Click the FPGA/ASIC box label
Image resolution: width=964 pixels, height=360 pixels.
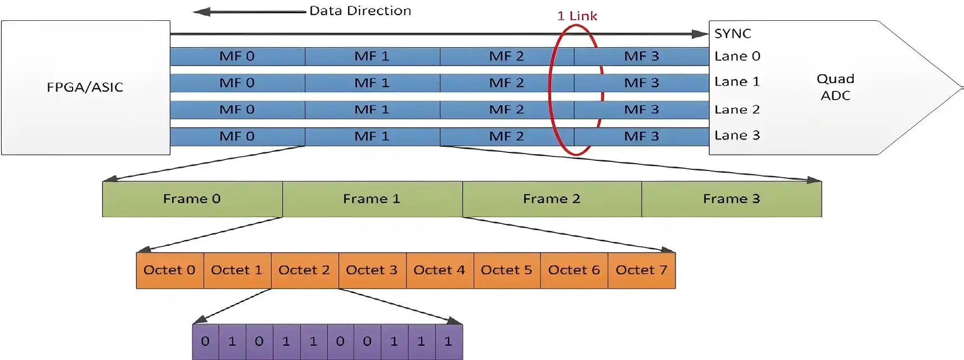tap(85, 87)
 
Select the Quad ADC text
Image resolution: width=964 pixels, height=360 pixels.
tap(835, 87)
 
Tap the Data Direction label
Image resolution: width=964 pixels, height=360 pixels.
tap(360, 11)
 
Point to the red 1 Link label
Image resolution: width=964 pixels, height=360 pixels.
tap(577, 16)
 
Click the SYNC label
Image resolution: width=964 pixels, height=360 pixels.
tap(732, 34)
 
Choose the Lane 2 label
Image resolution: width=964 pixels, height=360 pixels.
tap(737, 110)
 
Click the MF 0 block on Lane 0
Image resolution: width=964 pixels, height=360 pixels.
tap(237, 56)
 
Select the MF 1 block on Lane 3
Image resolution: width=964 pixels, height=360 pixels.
tap(372, 137)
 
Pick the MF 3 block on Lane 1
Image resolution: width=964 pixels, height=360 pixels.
tap(641, 83)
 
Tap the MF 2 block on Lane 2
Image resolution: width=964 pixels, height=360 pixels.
tap(506, 110)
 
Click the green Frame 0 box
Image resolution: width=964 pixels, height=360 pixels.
tap(192, 199)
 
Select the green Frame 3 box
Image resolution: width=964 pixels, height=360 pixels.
tap(731, 199)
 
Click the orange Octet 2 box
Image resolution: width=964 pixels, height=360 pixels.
tap(304, 271)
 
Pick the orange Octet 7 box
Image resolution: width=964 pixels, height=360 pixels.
tap(641, 271)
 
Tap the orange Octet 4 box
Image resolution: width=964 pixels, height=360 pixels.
tap(439, 271)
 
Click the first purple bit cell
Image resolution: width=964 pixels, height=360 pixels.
tap(205, 341)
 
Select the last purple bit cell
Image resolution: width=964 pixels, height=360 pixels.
tap(448, 341)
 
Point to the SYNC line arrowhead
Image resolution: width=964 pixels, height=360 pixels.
tap(701, 34)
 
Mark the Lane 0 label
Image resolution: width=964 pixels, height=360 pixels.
tap(737, 56)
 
